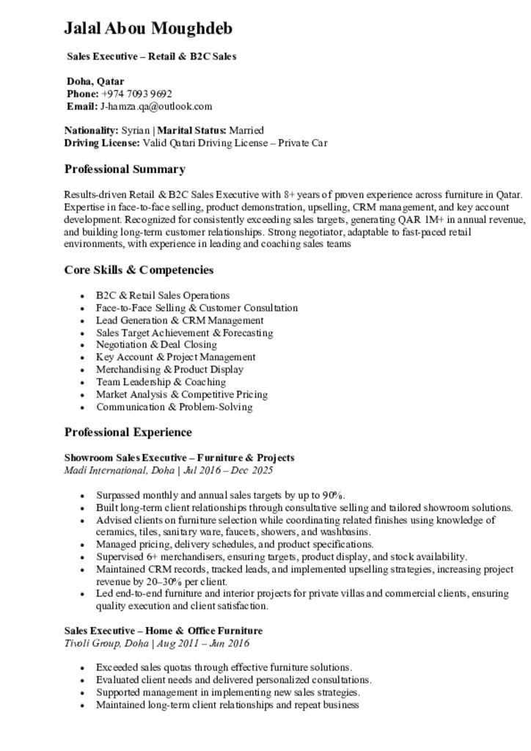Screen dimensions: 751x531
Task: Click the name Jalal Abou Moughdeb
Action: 148,29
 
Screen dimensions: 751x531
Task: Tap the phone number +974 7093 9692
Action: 136,94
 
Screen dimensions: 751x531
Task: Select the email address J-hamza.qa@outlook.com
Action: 156,106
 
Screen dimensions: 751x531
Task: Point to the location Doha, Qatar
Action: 95,81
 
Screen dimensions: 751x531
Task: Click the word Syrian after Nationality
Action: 135,131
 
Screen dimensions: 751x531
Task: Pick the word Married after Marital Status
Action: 246,131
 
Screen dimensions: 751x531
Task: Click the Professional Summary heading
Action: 125,169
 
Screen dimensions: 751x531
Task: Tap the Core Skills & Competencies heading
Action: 139,270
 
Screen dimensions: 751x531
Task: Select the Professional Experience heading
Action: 128,432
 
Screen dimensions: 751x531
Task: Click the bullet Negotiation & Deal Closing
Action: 156,345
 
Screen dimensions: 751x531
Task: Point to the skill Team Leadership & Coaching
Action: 161,382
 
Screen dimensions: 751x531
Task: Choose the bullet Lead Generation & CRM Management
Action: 180,320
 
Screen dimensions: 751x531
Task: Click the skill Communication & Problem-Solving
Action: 174,407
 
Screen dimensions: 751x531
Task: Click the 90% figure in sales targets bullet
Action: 333,495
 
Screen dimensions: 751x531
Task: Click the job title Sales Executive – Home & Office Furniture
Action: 163,631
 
